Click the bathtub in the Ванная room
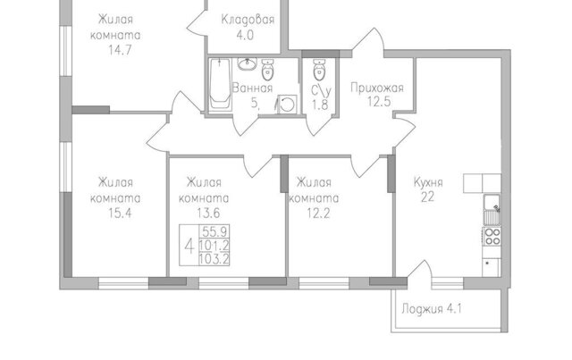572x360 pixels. tap(220, 84)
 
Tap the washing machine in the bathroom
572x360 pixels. tap(287, 105)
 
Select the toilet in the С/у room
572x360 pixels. tap(319, 70)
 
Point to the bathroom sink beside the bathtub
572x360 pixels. tap(247, 64)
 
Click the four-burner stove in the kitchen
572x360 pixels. tap(492, 237)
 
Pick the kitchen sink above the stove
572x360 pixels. tap(492, 210)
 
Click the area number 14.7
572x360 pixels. tap(120, 50)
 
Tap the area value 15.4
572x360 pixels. tap(120, 213)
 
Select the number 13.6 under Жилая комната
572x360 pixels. tap(208, 213)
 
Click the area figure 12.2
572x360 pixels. tap(318, 213)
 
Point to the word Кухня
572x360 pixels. tap(428, 182)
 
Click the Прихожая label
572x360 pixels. tap(377, 88)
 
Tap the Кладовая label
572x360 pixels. tap(248, 20)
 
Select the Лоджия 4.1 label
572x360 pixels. tap(432, 309)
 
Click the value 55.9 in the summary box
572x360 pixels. tap(214, 231)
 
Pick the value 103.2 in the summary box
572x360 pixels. tap(214, 259)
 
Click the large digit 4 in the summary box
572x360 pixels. tap(189, 246)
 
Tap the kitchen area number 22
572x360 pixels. tap(427, 197)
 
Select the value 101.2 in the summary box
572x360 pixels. tap(214, 245)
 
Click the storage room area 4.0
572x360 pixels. tap(245, 36)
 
